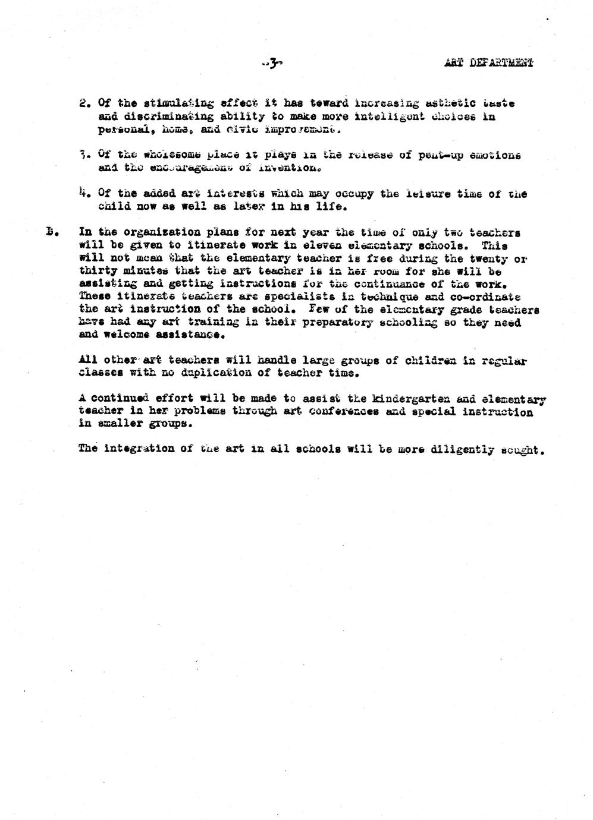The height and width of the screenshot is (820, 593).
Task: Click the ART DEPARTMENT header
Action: tap(488, 62)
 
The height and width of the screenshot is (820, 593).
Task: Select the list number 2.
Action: tap(83, 103)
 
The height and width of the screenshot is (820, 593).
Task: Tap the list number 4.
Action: tap(83, 193)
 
